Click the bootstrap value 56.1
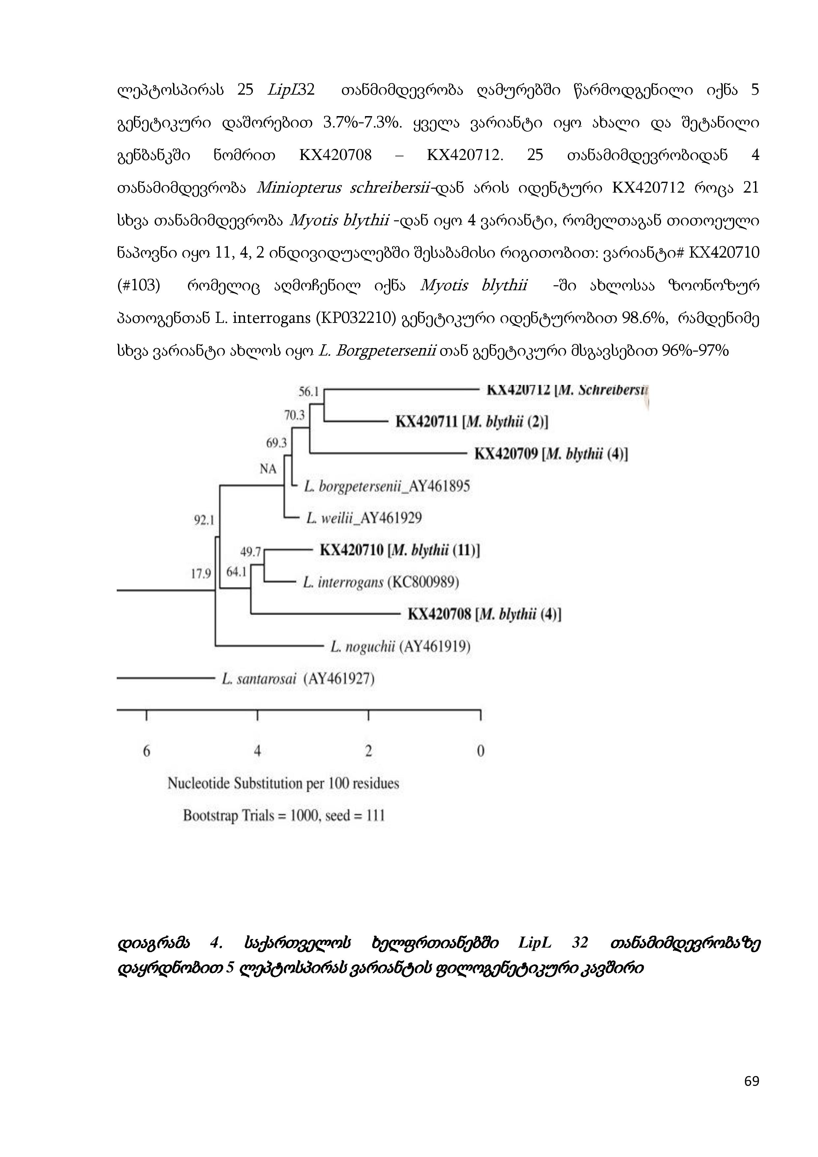(x=309, y=391)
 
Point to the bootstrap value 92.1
(x=204, y=520)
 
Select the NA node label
(x=268, y=469)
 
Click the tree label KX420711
(x=426, y=422)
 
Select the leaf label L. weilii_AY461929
(x=364, y=518)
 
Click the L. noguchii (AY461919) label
(x=401, y=646)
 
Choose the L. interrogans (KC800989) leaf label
(x=381, y=582)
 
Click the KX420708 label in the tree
(x=439, y=614)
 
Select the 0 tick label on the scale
(x=480, y=751)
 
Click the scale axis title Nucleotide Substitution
(x=283, y=784)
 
